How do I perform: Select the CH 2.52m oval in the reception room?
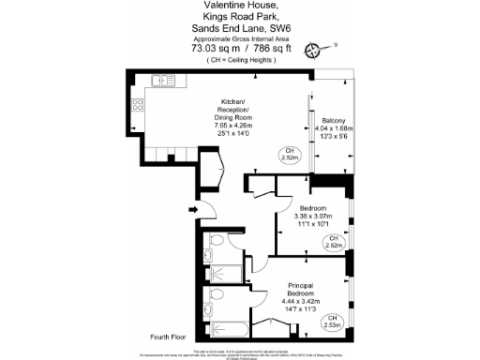[x=290, y=155]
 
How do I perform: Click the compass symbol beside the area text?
[x=327, y=47]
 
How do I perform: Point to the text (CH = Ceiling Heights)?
[x=239, y=60]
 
